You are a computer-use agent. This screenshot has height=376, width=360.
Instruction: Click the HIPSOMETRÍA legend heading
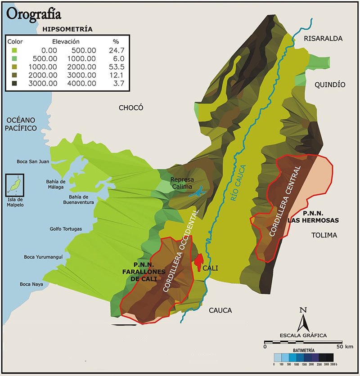coord(67,29)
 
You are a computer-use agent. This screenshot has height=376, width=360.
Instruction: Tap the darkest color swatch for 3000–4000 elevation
coord(15,83)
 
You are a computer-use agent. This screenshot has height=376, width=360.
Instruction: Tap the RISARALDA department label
coord(323,38)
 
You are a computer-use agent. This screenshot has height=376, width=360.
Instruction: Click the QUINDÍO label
coord(330,85)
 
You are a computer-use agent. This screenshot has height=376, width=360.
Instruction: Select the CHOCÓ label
coord(130,107)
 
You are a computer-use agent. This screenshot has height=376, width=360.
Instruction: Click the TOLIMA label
coord(324,235)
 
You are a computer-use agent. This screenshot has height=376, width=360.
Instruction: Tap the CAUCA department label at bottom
coord(220,310)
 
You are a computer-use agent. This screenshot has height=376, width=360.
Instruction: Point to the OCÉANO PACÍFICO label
coord(21,124)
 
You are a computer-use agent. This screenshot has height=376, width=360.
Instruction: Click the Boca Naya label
coord(31,284)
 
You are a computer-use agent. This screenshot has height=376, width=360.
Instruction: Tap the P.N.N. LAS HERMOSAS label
coord(314,217)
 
